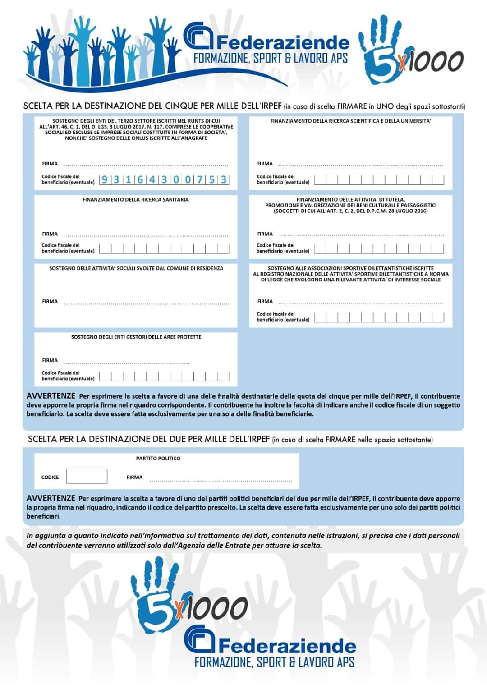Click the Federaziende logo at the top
coord(266,43)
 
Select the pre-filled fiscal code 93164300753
coord(164,180)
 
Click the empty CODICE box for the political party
coord(87,476)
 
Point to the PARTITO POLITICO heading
coord(158,459)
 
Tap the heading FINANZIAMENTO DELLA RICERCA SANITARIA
coord(135,199)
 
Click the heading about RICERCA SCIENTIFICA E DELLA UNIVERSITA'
coord(350,121)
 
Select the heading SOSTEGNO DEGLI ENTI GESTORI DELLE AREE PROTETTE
coord(136,337)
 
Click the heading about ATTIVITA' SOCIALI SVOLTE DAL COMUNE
coord(136,268)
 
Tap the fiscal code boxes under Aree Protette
coord(164,377)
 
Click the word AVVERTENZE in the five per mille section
coord(51,396)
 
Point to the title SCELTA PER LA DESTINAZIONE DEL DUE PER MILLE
coord(149,439)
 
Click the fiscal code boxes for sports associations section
coord(379,317)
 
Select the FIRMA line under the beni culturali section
coord(361,234)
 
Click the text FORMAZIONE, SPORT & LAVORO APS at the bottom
coord(274,662)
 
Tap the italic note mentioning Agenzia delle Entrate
coord(243,540)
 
